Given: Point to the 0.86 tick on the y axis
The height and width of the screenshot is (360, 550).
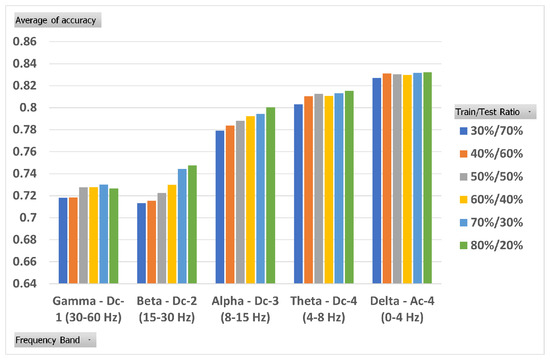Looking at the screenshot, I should point(22,42).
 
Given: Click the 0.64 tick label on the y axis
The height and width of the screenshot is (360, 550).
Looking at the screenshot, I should point(22,283).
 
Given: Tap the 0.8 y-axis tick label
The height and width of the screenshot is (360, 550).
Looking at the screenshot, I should point(25,108).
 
